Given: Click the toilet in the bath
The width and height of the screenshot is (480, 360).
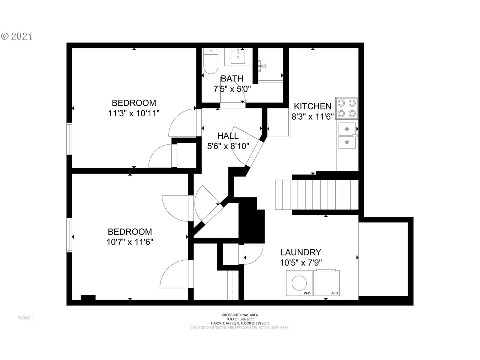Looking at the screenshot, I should (210, 62).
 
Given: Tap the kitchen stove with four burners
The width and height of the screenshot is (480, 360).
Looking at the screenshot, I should (346, 108).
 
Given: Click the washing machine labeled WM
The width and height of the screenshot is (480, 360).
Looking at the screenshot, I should (299, 283).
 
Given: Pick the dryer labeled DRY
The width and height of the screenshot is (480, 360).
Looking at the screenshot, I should (326, 283).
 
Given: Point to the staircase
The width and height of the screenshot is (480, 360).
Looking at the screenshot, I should (317, 195).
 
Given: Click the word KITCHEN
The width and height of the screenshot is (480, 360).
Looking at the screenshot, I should (312, 106).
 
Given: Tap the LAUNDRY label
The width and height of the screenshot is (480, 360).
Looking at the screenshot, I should (300, 252).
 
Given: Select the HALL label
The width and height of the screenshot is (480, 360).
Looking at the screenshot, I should (228, 136).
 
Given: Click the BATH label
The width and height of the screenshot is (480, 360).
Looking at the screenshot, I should (232, 79).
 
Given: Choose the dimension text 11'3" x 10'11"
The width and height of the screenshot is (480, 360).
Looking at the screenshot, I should (134, 113).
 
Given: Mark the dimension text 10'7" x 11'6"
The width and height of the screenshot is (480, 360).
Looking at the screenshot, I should (130, 242).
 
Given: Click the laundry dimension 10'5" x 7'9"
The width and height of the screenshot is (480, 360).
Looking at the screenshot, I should (301, 263).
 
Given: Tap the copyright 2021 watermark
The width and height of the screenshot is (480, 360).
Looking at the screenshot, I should (17, 36).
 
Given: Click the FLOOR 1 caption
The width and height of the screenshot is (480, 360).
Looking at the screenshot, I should (26, 318).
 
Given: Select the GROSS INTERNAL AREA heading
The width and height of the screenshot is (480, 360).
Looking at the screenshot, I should (240, 315).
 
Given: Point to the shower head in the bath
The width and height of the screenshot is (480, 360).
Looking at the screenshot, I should (263, 66).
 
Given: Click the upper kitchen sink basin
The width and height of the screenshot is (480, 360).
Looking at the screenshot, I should (347, 129).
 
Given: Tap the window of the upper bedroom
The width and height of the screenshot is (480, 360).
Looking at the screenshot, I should (69, 138).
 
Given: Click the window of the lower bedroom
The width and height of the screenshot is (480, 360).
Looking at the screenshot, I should (69, 235).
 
